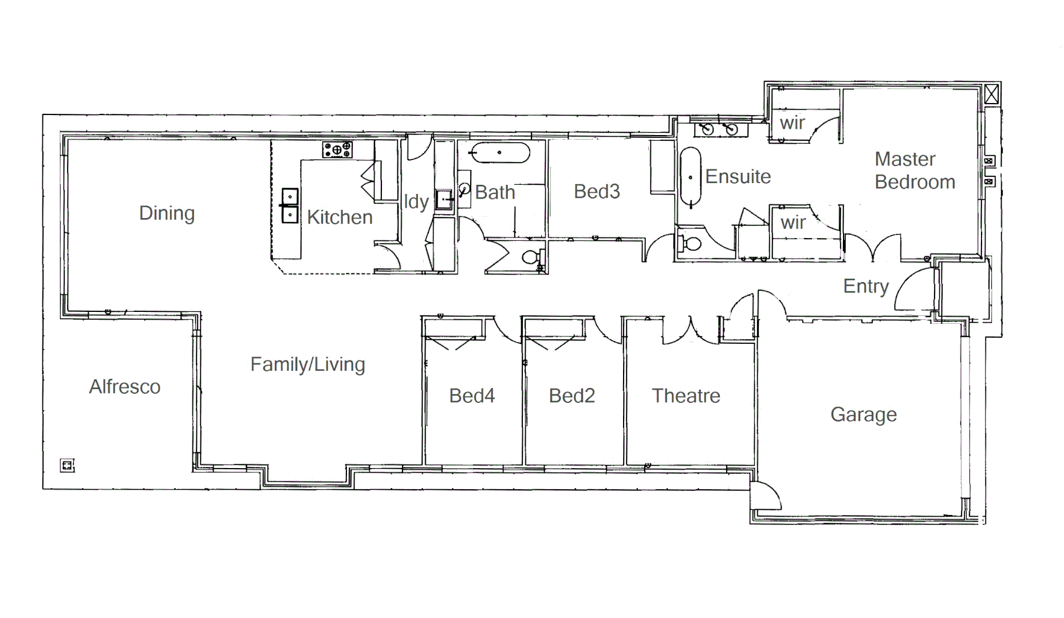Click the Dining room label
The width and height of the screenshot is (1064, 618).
(x=167, y=213)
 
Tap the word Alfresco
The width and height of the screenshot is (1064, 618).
(x=124, y=387)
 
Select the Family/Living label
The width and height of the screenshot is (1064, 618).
(x=308, y=365)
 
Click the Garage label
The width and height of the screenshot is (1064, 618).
(x=863, y=414)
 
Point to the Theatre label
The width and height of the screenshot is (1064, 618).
(x=685, y=395)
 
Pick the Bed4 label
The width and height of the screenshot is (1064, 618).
(x=471, y=395)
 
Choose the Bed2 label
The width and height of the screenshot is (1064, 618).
(x=572, y=395)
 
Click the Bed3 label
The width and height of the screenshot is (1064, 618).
(x=597, y=191)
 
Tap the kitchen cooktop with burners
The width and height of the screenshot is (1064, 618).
(x=337, y=150)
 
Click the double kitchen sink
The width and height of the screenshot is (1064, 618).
(x=290, y=205)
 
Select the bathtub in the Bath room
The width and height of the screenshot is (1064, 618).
(x=500, y=153)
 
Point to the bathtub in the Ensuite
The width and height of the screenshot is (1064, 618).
(x=690, y=177)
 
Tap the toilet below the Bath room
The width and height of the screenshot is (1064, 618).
(x=531, y=257)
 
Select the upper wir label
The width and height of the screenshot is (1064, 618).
(x=792, y=122)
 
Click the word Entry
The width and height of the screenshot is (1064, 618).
(x=865, y=286)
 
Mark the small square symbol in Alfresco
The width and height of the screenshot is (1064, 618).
(x=68, y=465)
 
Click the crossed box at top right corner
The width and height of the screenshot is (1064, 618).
(x=991, y=94)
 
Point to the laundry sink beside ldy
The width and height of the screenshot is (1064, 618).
(x=444, y=200)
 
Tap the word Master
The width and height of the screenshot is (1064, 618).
(x=905, y=159)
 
